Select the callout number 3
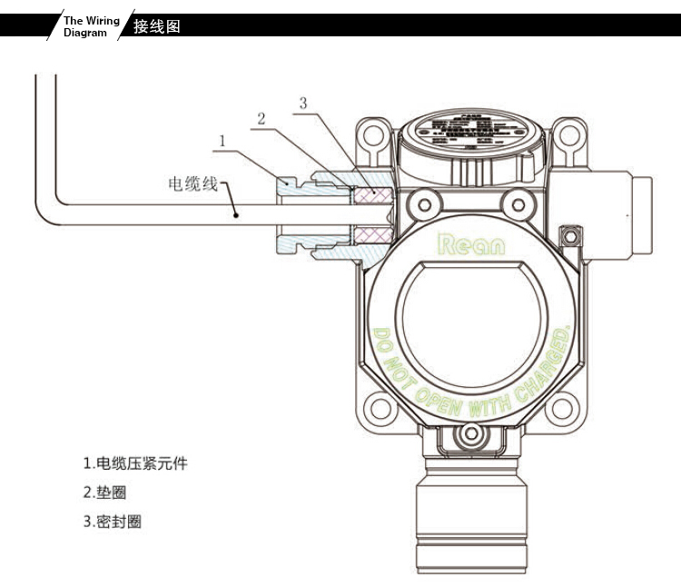click(303, 103)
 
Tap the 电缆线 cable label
click(193, 184)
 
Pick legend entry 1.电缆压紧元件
click(135, 463)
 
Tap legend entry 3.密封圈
click(112, 522)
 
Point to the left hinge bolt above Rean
click(418, 200)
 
